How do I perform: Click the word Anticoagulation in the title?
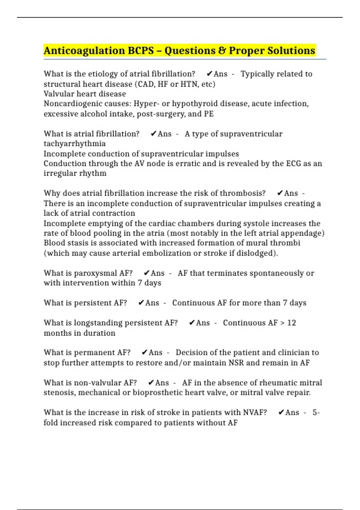[84, 51]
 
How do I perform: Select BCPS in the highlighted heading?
[141, 51]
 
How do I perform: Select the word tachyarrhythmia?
[74, 144]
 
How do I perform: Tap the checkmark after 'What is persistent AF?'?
[141, 303]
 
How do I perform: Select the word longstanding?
[98, 323]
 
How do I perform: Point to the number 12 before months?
[291, 323]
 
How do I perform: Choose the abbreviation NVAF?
[255, 412]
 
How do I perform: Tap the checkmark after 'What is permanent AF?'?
[145, 352]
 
